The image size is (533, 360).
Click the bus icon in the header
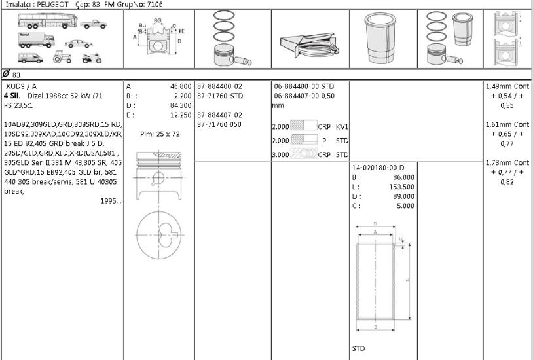48,21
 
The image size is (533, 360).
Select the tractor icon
62,57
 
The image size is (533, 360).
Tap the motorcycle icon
92,58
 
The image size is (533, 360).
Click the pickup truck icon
94,24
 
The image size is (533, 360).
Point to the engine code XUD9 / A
21,86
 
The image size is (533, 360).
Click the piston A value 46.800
181,86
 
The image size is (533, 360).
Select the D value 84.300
181,105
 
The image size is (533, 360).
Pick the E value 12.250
181,115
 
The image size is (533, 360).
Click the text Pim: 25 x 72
160,134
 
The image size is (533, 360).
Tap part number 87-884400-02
219,86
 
